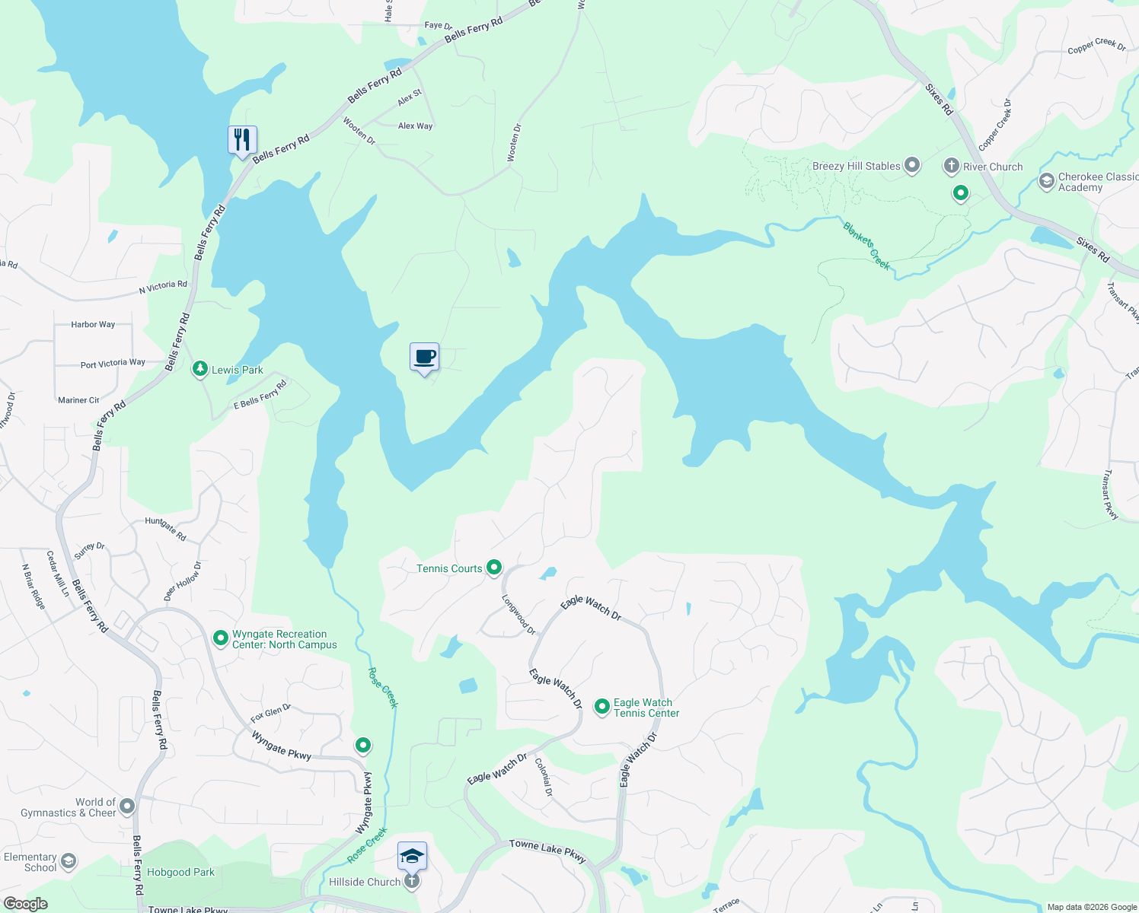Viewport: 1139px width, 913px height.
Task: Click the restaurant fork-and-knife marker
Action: (242, 140)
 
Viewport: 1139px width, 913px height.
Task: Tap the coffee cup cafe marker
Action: (425, 356)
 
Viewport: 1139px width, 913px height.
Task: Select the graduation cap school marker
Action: (412, 857)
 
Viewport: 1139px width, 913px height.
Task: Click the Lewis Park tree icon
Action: (199, 369)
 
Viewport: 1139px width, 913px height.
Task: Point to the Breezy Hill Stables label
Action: (857, 166)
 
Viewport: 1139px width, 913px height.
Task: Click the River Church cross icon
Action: (951, 166)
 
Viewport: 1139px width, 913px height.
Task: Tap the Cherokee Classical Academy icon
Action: (1047, 181)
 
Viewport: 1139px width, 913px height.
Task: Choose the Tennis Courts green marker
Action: (494, 567)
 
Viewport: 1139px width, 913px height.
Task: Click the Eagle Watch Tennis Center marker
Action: (601, 707)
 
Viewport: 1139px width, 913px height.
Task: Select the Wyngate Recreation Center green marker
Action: (220, 638)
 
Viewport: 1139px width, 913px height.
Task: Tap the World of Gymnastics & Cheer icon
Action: (127, 806)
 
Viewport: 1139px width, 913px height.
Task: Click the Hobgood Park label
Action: (180, 872)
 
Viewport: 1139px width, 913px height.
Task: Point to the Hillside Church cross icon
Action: (412, 881)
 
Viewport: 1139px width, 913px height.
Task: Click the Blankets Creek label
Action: (866, 245)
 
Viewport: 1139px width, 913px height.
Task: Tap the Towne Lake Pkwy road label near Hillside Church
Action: (547, 850)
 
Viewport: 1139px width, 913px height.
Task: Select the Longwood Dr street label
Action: (518, 614)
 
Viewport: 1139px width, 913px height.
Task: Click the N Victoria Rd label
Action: (163, 286)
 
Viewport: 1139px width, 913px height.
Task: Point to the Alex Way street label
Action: (415, 126)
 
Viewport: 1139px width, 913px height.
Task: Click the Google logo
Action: (25, 904)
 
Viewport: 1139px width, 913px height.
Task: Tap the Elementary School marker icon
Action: (69, 861)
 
